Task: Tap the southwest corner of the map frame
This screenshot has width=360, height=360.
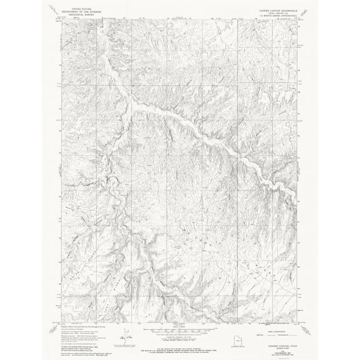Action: coord(62,315)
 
